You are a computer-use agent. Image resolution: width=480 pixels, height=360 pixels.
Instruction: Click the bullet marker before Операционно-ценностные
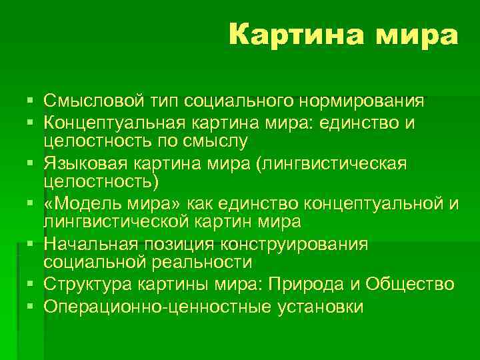click(x=31, y=307)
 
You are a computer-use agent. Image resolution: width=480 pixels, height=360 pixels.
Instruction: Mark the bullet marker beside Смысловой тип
click(x=31, y=101)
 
